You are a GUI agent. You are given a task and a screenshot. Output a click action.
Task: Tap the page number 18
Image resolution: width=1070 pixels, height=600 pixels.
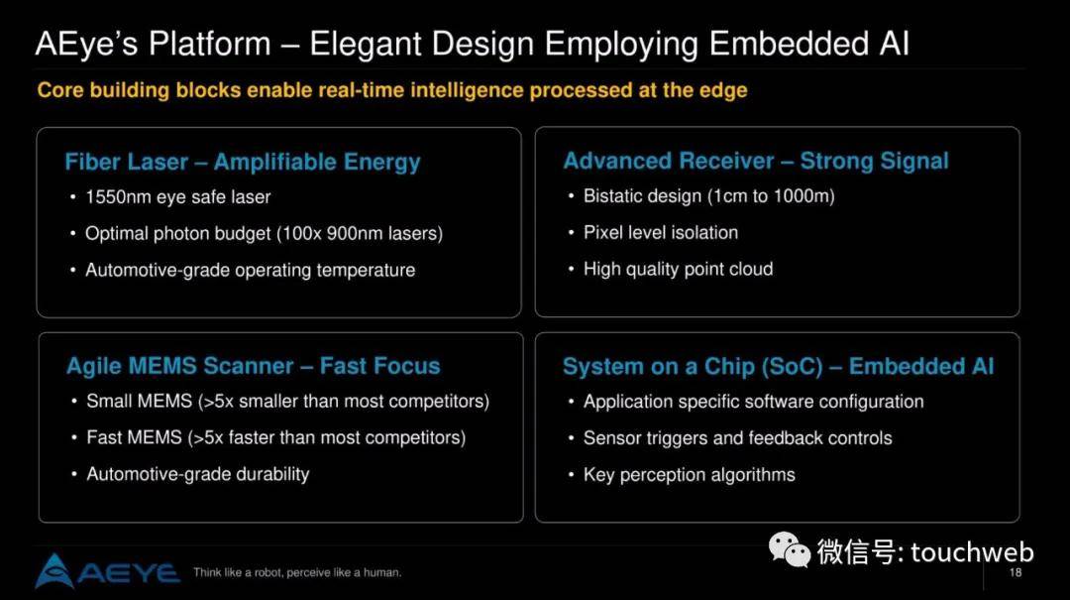coord(1016,572)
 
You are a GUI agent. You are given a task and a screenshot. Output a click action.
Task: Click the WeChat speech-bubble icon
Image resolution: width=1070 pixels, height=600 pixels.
coord(790,550)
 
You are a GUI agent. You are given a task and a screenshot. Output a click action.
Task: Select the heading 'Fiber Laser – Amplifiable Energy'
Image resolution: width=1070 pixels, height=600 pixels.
coord(243,162)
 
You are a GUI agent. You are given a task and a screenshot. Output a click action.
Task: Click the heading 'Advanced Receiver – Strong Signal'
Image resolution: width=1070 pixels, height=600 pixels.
coord(755,161)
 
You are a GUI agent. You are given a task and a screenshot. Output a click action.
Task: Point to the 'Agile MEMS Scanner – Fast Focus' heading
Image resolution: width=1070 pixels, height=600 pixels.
coord(254,366)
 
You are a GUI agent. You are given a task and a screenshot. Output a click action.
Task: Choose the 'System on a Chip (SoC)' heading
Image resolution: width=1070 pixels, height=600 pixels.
coord(693,366)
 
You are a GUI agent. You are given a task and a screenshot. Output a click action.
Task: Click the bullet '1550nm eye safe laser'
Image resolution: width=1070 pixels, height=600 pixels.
coord(178,196)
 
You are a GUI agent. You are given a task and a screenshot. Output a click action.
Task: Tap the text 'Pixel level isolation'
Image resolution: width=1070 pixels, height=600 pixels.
coord(661,232)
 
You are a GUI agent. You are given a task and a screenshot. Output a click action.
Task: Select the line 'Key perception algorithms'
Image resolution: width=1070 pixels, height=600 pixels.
coord(690,474)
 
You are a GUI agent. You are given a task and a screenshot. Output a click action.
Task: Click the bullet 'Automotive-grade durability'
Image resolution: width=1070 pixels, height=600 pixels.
coord(198,474)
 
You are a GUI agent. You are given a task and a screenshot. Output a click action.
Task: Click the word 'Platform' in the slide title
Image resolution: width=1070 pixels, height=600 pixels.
coord(209,44)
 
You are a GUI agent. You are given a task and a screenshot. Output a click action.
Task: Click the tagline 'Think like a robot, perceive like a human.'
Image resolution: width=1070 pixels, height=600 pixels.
coord(297,572)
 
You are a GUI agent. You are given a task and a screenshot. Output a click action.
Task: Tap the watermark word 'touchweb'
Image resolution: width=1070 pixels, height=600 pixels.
coord(972,551)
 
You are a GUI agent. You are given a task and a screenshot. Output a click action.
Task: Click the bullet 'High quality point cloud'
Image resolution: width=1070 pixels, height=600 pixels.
coord(679,269)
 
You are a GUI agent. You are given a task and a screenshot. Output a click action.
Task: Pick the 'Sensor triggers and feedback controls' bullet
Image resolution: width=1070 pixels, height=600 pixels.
coord(738,438)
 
